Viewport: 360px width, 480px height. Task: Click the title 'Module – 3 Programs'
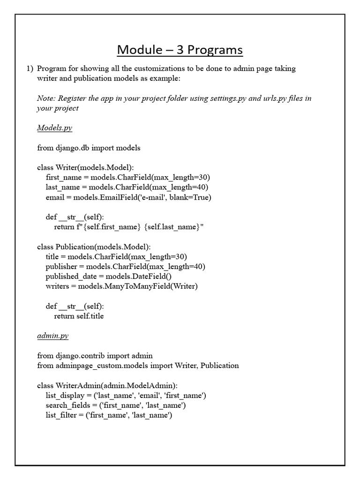click(180, 49)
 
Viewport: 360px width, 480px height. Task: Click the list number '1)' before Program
click(29, 68)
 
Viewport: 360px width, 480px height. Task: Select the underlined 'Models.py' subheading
click(54, 127)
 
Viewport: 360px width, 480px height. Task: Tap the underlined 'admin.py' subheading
click(52, 336)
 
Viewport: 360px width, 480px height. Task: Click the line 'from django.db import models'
click(89, 148)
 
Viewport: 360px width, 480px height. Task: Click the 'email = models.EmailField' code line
click(128, 197)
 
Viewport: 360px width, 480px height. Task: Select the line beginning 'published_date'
click(112, 276)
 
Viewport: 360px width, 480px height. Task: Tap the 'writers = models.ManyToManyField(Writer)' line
click(121, 286)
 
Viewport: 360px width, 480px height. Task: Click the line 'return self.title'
click(79, 316)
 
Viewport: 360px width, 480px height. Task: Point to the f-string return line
click(129, 227)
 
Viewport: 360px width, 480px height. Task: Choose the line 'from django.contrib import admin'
click(95, 356)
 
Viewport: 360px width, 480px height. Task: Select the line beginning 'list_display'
click(126, 395)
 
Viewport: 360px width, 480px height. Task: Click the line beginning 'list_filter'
click(109, 415)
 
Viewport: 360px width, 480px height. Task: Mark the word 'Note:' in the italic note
click(47, 98)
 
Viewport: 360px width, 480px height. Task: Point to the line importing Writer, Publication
click(138, 366)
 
